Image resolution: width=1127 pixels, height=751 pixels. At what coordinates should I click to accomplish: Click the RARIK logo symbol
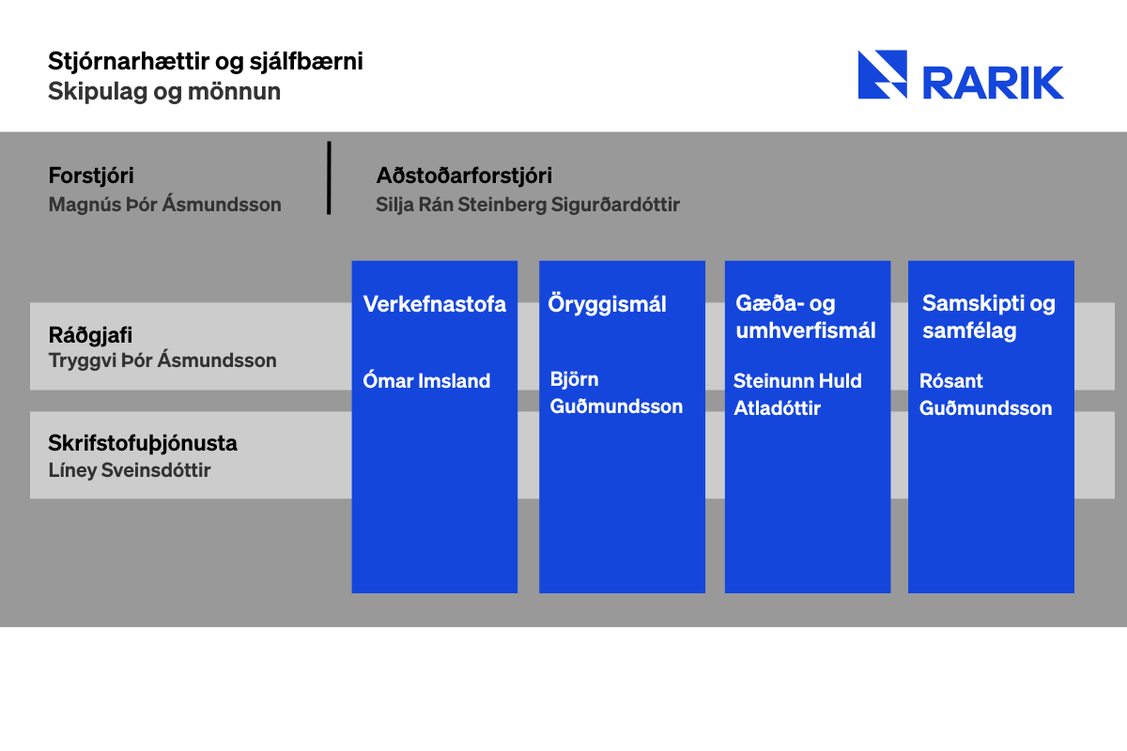pyautogui.click(x=883, y=74)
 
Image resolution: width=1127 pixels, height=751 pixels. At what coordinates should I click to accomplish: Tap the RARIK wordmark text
pyautogui.click(x=994, y=83)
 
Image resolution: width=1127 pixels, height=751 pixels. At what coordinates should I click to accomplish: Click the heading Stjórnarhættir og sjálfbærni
pyautogui.click(x=206, y=62)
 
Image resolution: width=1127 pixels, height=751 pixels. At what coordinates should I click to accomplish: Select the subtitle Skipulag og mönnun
pyautogui.click(x=164, y=92)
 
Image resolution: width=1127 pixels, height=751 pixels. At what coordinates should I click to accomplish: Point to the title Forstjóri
pyautogui.click(x=91, y=176)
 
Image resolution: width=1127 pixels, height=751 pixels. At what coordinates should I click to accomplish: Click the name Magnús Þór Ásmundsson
pyautogui.click(x=164, y=205)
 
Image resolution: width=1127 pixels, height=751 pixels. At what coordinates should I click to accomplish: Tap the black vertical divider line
pyautogui.click(x=329, y=178)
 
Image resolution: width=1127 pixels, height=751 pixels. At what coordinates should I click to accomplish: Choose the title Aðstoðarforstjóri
pyautogui.click(x=464, y=176)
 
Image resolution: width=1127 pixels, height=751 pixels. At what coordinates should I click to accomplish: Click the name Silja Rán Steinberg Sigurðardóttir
pyautogui.click(x=528, y=205)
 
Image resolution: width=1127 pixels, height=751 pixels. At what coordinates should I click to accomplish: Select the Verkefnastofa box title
pyautogui.click(x=434, y=304)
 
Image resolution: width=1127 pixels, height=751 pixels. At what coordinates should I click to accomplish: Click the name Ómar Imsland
pyautogui.click(x=426, y=381)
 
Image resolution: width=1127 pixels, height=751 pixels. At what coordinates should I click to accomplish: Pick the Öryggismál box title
pyautogui.click(x=607, y=304)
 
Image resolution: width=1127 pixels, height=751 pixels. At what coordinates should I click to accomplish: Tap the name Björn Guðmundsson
pyautogui.click(x=616, y=392)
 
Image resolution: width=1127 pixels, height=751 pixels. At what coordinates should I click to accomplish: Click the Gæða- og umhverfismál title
pyautogui.click(x=806, y=317)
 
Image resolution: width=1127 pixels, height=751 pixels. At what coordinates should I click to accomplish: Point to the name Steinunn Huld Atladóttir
pyautogui.click(x=797, y=394)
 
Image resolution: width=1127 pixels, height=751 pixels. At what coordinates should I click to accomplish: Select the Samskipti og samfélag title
pyautogui.click(x=989, y=317)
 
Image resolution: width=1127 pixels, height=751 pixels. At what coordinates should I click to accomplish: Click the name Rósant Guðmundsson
pyautogui.click(x=985, y=394)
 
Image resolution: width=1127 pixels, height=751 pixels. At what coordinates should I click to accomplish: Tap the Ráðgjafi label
pyautogui.click(x=90, y=335)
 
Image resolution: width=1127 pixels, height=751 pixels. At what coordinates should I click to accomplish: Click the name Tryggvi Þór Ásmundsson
pyautogui.click(x=162, y=360)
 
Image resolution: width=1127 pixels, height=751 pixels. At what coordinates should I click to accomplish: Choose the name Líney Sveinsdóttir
pyautogui.click(x=130, y=470)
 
